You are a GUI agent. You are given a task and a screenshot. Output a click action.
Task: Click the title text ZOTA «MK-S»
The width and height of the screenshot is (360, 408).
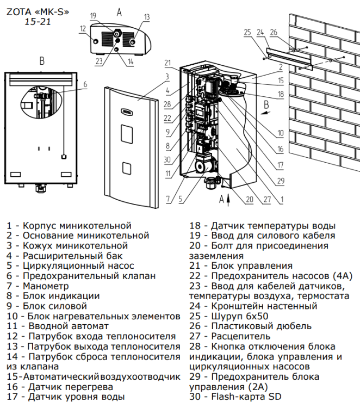38,12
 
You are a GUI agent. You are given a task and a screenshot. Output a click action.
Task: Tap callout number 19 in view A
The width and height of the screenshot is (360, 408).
94,16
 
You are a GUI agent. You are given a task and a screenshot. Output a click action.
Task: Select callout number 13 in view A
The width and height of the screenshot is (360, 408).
147,17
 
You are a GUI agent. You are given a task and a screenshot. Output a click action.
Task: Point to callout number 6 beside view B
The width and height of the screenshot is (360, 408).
85,84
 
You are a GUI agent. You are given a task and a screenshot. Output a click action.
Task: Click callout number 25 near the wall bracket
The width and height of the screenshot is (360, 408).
247,32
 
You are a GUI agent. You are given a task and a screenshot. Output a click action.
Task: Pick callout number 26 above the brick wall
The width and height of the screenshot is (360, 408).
274,32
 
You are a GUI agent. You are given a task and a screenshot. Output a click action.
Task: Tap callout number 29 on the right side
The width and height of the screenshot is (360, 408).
281,181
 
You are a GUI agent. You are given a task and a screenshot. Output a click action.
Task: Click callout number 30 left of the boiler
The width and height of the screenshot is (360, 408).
167,159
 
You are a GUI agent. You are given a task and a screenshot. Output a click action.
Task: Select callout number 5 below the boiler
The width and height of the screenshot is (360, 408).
181,199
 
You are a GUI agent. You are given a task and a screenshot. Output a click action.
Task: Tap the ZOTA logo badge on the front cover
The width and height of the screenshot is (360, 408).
127,112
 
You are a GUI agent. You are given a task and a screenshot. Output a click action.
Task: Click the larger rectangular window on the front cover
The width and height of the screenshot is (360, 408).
127,134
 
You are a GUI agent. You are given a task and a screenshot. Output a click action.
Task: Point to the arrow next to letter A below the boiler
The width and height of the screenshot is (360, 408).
228,200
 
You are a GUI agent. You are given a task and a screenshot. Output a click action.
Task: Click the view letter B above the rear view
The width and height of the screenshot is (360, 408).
42,61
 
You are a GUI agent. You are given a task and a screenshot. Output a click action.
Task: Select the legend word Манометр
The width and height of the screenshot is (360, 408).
46,286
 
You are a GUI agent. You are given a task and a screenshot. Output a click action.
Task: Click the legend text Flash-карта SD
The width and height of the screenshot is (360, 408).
246,397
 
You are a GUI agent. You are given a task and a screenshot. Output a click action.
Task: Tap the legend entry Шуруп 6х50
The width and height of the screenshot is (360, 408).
240,316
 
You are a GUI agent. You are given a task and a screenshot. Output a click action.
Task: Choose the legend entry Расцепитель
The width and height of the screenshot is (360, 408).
241,336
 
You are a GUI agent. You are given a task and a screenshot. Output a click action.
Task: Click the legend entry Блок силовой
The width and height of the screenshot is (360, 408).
55,306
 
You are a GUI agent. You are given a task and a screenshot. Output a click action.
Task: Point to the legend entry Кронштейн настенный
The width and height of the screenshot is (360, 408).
264,306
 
